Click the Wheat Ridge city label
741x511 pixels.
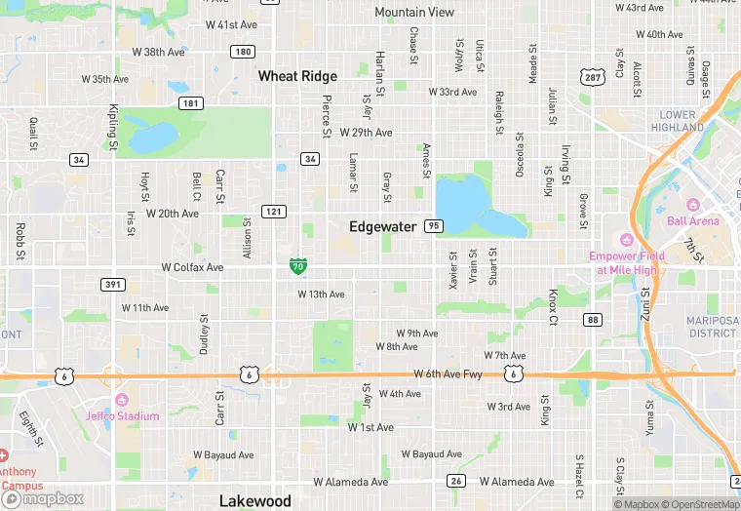(297, 76)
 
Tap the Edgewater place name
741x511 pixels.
(383, 226)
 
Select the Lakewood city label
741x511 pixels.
(254, 500)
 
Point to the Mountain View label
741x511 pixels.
(414, 13)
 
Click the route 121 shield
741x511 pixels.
(273, 212)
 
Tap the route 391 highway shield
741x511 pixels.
(112, 284)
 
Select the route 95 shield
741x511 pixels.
(434, 226)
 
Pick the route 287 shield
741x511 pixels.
(592, 76)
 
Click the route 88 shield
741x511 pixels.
(593, 320)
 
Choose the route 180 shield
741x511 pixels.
(243, 51)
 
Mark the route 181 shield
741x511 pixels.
(191, 103)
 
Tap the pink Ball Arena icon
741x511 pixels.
(693, 205)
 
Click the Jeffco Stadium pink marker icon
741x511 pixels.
(121, 401)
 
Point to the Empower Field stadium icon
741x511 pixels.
(627, 240)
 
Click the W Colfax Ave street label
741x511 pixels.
(192, 267)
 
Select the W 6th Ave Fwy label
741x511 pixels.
(448, 373)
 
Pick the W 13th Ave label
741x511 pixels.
(321, 294)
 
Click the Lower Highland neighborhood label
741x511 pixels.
(678, 121)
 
